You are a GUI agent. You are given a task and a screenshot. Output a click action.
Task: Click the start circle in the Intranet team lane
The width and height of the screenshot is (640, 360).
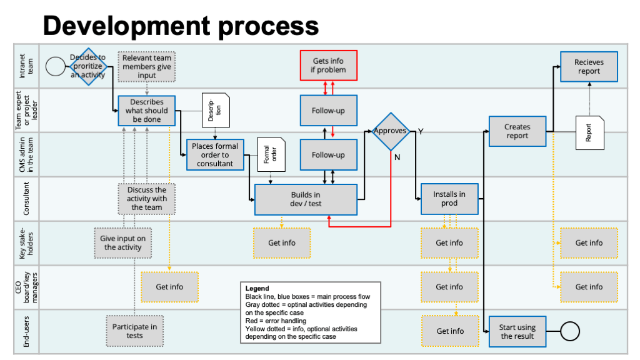pos(56,66)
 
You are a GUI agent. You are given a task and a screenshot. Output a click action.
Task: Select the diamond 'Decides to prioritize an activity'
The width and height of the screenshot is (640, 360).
pos(87,66)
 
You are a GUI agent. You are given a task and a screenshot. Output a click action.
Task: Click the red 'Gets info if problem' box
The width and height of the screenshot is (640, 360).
pos(329,66)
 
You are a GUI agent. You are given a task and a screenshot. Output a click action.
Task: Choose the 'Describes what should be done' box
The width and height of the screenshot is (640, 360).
pos(146,111)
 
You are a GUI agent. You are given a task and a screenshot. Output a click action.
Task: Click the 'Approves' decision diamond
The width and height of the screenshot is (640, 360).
pos(391,131)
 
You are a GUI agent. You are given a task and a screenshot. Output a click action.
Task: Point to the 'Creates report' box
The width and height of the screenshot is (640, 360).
pos(517,131)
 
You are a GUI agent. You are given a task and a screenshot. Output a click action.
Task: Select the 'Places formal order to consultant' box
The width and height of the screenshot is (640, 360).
pos(215,155)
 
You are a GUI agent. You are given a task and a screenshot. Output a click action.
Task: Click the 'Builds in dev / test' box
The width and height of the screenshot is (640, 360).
pos(306,199)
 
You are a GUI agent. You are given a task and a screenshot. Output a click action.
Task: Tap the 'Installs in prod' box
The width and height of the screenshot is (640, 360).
pos(449,199)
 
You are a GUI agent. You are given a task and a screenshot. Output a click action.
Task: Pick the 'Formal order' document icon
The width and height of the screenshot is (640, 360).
pos(270,154)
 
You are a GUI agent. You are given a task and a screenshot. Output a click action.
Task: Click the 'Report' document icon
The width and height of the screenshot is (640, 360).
pos(589,132)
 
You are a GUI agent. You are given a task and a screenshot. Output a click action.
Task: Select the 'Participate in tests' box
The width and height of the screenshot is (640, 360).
pos(134,331)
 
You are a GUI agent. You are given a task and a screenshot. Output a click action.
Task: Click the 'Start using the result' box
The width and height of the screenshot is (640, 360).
pos(517,331)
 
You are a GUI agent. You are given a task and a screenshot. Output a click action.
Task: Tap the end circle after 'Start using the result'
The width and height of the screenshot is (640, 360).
pos(569,331)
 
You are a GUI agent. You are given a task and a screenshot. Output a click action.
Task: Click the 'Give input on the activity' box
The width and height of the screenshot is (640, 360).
pos(122,243)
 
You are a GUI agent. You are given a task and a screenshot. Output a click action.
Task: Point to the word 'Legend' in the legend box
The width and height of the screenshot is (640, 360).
pos(257,289)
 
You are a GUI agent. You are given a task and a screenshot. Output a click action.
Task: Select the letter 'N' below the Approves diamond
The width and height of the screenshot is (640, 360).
pos(396,157)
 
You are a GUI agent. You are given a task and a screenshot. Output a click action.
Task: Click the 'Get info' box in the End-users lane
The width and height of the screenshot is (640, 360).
pos(449,331)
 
